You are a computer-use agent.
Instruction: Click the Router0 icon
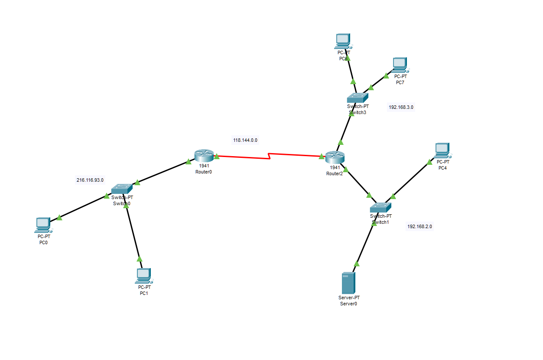pos(204,156)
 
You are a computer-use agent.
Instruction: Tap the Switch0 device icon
pos(121,189)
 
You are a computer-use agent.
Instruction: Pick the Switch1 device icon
pos(380,207)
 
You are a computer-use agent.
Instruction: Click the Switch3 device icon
pos(358,98)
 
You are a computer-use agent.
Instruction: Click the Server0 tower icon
pos(348,283)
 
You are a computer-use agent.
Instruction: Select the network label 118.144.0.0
pos(245,140)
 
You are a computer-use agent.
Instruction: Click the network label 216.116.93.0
pos(90,180)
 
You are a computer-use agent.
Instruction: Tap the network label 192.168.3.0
pos(401,107)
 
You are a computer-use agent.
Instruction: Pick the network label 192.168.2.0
pos(419,226)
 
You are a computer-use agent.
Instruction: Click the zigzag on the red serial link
pos(270,156)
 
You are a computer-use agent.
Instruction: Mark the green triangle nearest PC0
pos(59,218)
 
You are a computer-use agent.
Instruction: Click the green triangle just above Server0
pos(357,263)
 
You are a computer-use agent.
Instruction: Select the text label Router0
pos(203,172)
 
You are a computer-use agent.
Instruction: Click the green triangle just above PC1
pos(139,259)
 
